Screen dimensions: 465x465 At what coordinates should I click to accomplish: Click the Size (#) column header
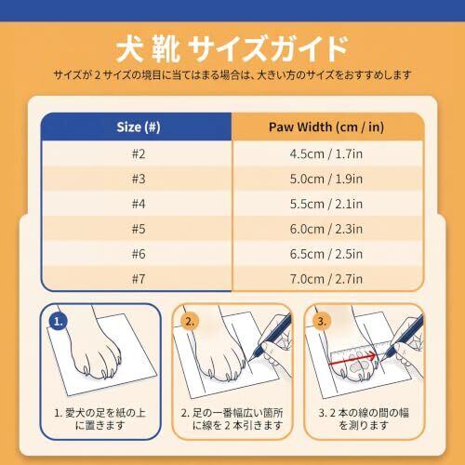click(x=139, y=127)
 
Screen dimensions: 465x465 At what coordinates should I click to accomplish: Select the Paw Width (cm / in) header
click(x=326, y=127)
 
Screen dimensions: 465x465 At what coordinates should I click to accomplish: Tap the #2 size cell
click(x=139, y=153)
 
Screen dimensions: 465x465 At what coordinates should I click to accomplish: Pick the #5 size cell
click(x=139, y=229)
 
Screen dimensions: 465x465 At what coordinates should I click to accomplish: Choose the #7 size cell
click(x=139, y=279)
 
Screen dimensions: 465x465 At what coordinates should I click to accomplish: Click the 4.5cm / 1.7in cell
click(x=326, y=153)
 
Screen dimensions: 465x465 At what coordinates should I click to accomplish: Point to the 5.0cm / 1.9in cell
click(x=326, y=179)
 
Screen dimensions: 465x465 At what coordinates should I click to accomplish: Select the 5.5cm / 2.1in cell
click(x=326, y=204)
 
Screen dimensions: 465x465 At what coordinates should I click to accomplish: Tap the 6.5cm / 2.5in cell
click(x=326, y=254)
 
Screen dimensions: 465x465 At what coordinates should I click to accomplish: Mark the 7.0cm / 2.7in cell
click(x=326, y=279)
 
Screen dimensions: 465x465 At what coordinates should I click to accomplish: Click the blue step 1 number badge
click(x=59, y=321)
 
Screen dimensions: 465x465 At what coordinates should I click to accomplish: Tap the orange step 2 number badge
click(x=190, y=321)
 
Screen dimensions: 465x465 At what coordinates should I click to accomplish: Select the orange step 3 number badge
click(x=322, y=321)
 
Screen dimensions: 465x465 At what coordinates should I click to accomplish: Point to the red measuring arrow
click(x=353, y=360)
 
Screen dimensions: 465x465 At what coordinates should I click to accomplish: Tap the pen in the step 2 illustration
click(x=272, y=337)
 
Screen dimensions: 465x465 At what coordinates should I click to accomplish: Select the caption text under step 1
click(x=100, y=418)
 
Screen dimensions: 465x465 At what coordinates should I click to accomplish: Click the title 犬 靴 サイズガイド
click(x=232, y=48)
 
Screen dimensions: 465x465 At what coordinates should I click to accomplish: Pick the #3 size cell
click(x=139, y=179)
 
